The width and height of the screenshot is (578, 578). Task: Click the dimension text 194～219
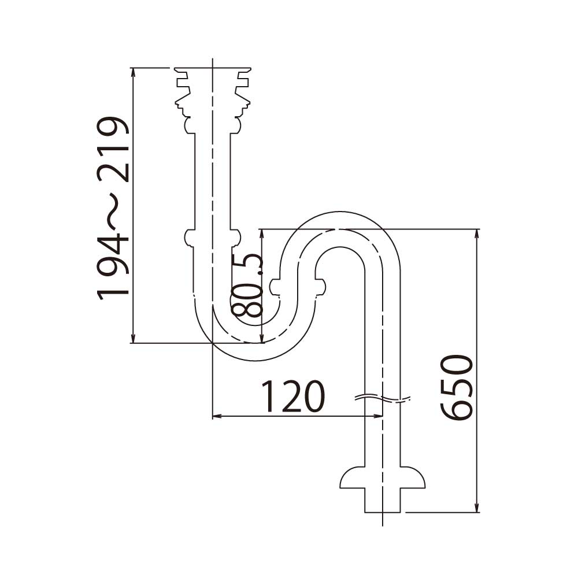coord(114,207)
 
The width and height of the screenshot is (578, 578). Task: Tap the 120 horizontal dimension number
coord(293,397)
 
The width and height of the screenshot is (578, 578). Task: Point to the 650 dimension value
coord(457,388)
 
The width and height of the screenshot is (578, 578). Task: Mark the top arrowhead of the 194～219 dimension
coord(134,73)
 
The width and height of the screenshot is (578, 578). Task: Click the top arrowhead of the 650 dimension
coord(477,233)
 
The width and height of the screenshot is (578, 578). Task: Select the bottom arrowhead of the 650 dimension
coord(477,508)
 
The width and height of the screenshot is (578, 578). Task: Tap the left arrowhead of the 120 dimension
coord(217,416)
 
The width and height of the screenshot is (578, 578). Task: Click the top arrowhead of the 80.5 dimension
coord(262,233)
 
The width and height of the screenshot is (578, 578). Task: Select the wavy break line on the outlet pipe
coord(382,398)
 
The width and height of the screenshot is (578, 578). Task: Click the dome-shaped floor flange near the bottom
coord(382,477)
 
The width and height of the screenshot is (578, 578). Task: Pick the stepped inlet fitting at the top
coord(213,90)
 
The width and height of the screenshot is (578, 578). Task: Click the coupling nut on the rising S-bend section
coord(298,286)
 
